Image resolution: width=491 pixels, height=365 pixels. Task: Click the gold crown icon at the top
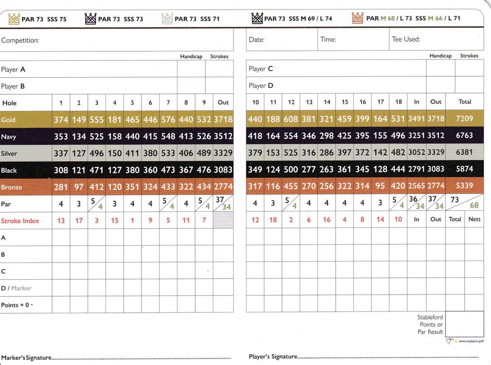[14, 19]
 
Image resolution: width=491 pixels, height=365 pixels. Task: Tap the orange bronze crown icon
[358, 18]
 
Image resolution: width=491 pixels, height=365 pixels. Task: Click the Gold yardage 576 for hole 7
[168, 120]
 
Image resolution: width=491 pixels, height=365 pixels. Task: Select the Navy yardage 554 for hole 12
[291, 136]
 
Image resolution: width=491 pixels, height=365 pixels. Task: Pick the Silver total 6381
[464, 152]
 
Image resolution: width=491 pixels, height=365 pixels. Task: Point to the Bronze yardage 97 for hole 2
[79, 187]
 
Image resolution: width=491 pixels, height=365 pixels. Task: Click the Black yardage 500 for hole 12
[291, 169]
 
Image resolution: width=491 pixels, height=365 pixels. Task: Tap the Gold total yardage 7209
[464, 119]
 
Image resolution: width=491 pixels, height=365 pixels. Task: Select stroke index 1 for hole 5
[132, 220]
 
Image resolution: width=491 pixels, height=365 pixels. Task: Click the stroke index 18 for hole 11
[273, 219]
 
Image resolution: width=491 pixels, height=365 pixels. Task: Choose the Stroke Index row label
[20, 221]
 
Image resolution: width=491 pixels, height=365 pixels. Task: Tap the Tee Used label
[406, 39]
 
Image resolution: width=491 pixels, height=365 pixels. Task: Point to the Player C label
[261, 69]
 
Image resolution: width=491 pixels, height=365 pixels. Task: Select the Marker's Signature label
[26, 358]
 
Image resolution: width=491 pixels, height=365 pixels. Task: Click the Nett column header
[474, 219]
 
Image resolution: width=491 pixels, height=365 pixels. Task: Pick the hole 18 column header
[398, 102]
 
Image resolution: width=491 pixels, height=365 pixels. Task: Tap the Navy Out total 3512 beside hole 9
[223, 137]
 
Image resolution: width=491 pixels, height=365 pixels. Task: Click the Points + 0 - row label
[17, 305]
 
